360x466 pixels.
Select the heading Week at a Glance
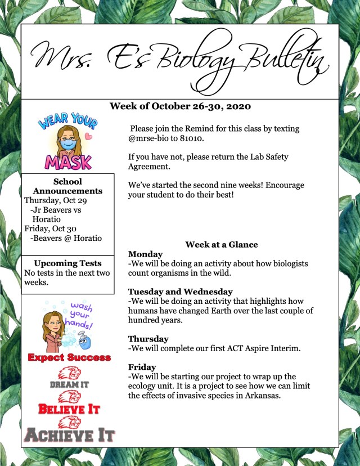pyautogui.click(x=222, y=244)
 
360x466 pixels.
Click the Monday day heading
pyautogui.click(x=145, y=254)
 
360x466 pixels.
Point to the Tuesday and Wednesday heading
pyautogui.click(x=180, y=292)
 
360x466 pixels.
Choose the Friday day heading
pyautogui.click(x=142, y=367)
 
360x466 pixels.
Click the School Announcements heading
pyautogui.click(x=67, y=186)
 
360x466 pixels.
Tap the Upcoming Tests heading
pyautogui.click(x=67, y=263)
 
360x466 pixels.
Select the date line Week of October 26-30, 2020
pyautogui.click(x=180, y=106)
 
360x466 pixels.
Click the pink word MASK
pyautogui.click(x=68, y=162)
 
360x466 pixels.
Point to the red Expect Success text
pyautogui.click(x=69, y=357)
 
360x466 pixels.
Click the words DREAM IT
pyautogui.click(x=69, y=384)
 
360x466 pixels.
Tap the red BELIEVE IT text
pyautogui.click(x=69, y=409)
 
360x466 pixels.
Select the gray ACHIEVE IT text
pyautogui.click(x=69, y=435)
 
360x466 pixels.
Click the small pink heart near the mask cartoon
pyautogui.click(x=88, y=136)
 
